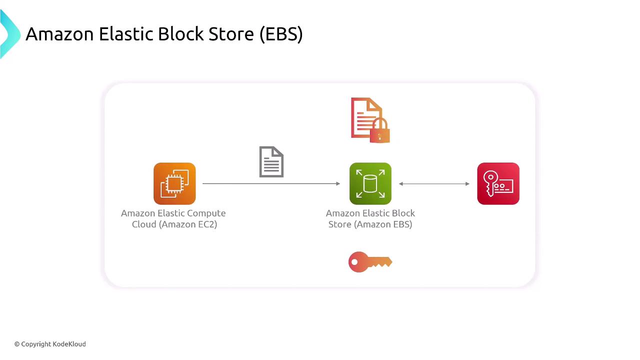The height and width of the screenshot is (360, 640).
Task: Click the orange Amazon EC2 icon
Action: tap(174, 183)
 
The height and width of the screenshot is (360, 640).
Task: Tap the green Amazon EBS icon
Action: tap(370, 183)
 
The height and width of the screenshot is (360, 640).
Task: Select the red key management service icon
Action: tap(498, 183)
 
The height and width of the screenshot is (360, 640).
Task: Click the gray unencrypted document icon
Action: tap(271, 161)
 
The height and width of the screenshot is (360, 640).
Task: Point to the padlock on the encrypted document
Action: tap(379, 130)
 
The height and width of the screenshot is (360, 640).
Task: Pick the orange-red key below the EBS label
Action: tap(370, 262)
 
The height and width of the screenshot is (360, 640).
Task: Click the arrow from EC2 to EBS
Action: tap(271, 183)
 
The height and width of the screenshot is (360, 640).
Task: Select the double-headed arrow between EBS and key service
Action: tap(434, 183)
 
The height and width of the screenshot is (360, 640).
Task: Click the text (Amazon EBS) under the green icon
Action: tap(383, 224)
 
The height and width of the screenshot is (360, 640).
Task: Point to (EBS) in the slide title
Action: tap(281, 34)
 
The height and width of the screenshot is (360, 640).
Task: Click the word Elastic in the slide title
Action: tap(125, 34)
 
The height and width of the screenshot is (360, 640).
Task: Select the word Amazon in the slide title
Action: tap(59, 34)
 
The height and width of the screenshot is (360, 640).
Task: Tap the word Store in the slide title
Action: tap(231, 34)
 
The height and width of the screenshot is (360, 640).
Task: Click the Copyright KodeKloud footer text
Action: tap(50, 344)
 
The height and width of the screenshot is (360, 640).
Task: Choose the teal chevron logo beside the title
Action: tap(9, 34)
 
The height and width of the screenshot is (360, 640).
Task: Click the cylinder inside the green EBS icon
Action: tap(370, 183)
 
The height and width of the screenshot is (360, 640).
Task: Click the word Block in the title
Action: tap(180, 34)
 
